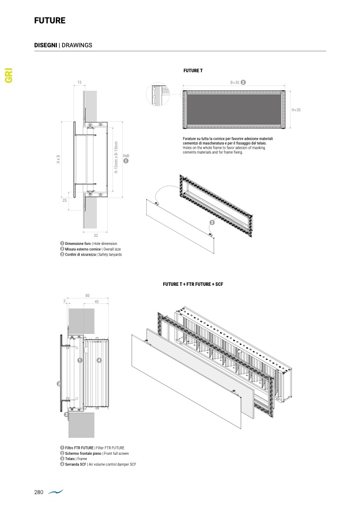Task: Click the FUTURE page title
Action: (49, 21)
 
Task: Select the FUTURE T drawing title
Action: (192, 71)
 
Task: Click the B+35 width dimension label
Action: (235, 82)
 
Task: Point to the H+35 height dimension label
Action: (296, 109)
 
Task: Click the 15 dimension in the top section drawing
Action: (79, 82)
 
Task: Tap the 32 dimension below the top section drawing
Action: (96, 235)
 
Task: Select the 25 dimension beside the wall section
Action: (64, 201)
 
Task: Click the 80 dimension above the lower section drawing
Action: (87, 295)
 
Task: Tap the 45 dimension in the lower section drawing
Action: (96, 302)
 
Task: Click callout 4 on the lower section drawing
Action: (99, 360)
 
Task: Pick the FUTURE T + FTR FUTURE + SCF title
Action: (192, 285)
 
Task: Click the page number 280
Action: (38, 493)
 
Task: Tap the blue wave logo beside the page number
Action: (55, 493)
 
